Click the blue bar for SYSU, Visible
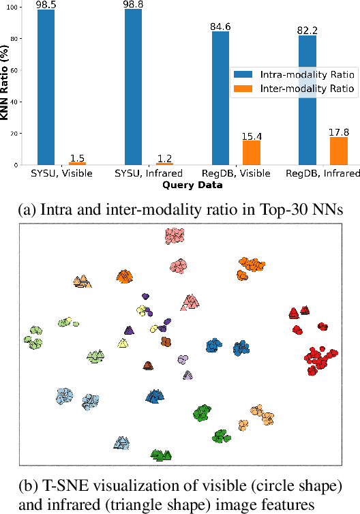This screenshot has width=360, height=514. pyautogui.click(x=46, y=87)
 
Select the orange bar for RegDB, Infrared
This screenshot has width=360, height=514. pyautogui.click(x=339, y=151)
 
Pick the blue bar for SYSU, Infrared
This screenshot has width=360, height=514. pyautogui.click(x=134, y=87)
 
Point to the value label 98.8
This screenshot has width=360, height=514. pyautogui.click(x=134, y=5)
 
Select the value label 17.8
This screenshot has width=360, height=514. pyautogui.click(x=339, y=132)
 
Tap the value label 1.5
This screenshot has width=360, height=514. pyautogui.click(x=76, y=157)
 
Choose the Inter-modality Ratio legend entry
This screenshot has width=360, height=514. pyautogui.click(x=275, y=89)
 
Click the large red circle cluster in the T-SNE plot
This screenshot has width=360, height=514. pyautogui.click(x=318, y=359)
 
